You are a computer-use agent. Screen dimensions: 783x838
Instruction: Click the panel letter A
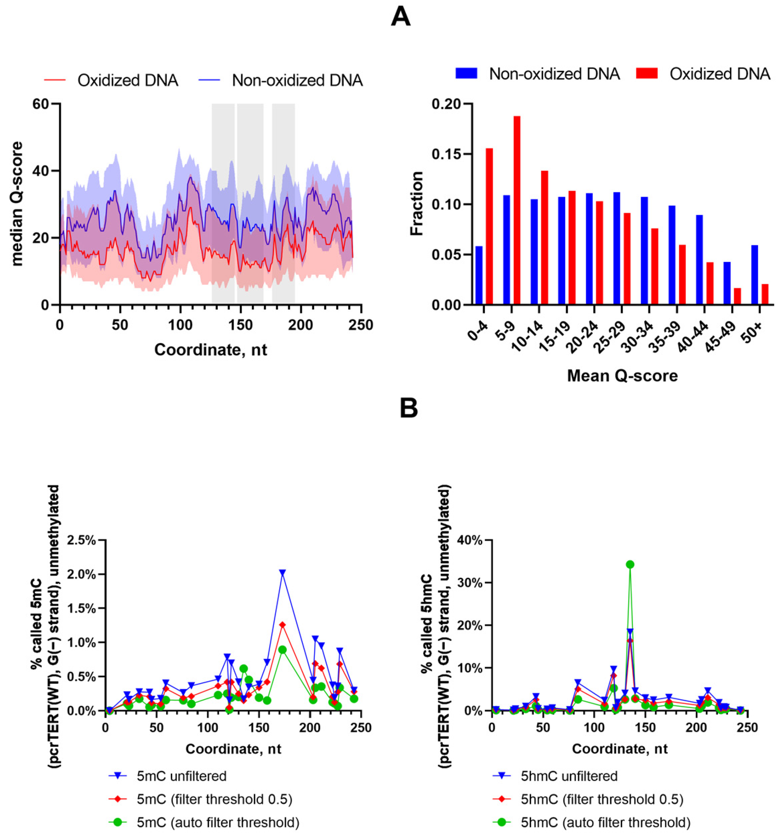click(400, 17)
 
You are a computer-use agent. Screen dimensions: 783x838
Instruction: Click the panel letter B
click(408, 408)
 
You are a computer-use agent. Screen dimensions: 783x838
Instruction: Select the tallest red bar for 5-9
click(517, 210)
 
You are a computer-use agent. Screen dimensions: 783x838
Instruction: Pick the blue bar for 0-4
click(479, 275)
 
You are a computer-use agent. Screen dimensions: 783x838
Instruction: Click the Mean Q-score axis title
click(622, 376)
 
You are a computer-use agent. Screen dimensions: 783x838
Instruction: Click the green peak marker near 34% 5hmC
click(630, 565)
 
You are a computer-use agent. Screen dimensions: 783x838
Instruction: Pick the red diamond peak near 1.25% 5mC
click(282, 625)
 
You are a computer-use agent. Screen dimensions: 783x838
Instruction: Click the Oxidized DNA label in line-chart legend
click(128, 80)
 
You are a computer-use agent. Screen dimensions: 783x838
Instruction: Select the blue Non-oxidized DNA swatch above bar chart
click(466, 74)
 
